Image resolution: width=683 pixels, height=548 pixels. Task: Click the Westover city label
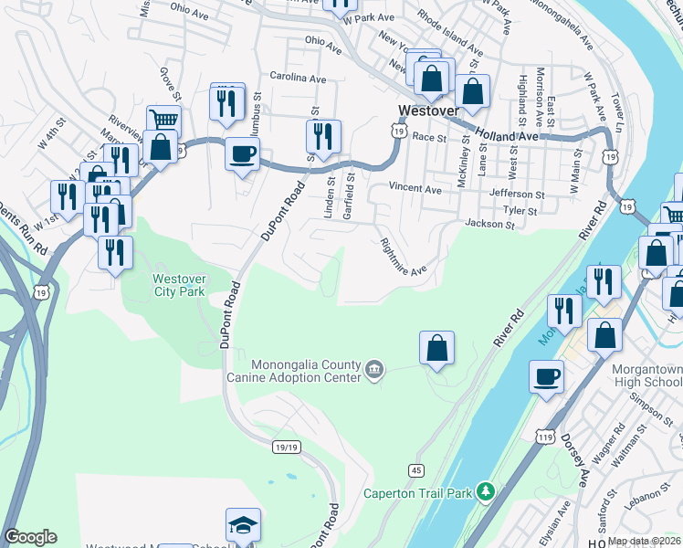click(x=427, y=111)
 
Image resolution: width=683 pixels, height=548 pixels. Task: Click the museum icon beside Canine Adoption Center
click(x=373, y=369)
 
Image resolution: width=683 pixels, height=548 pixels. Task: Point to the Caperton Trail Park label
click(x=419, y=493)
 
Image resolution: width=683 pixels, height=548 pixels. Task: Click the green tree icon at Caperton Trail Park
click(x=486, y=493)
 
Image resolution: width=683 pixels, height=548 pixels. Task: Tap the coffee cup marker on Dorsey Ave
click(x=547, y=376)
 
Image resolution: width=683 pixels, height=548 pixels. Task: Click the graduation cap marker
click(x=243, y=524)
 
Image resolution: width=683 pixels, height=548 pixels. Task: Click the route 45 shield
click(x=416, y=469)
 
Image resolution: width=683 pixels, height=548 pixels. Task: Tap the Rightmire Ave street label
click(x=403, y=258)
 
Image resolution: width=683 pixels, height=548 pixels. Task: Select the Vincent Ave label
click(x=415, y=188)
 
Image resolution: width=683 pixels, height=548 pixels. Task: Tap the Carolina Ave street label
click(x=298, y=79)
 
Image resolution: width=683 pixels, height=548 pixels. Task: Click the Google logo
click(x=30, y=537)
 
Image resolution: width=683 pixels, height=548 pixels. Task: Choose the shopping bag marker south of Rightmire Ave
click(x=437, y=347)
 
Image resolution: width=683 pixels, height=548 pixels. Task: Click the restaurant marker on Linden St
click(x=323, y=136)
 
